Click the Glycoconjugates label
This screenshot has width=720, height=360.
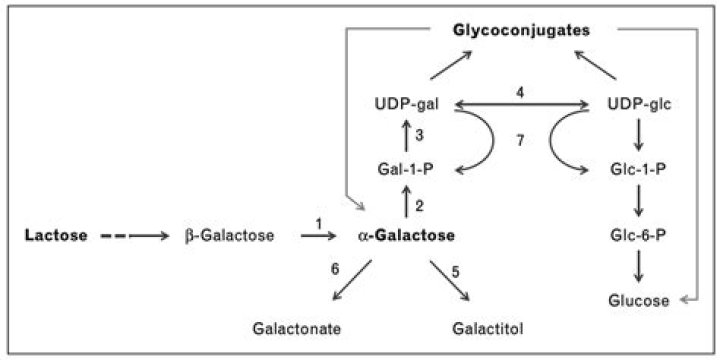(520, 31)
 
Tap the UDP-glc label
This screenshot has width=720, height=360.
(638, 104)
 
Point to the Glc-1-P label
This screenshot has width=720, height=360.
(638, 169)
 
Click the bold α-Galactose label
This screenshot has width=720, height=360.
(406, 236)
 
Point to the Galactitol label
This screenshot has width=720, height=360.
(489, 327)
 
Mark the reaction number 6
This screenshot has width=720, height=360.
(335, 269)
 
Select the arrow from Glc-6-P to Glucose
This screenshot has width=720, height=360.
(638, 267)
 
